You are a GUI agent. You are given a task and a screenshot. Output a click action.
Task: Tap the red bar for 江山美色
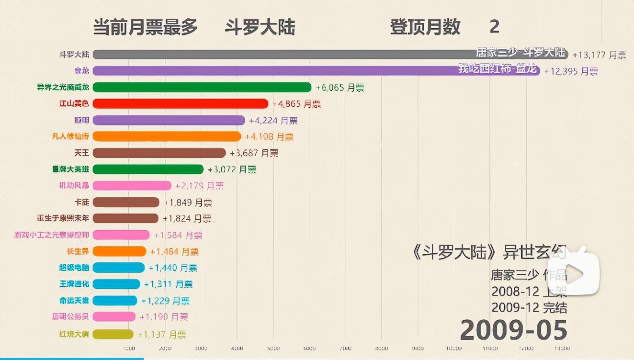click(181, 103)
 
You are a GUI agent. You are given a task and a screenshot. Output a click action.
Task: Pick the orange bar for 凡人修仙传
click(167, 136)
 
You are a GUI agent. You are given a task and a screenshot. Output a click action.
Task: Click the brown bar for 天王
click(159, 153)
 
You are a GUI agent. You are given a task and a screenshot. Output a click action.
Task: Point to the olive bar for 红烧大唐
click(113, 334)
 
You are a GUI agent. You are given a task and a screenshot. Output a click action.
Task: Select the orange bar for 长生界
click(119, 251)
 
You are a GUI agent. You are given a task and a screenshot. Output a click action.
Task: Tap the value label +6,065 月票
click(340, 88)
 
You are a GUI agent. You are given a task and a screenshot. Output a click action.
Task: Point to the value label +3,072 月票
click(232, 169)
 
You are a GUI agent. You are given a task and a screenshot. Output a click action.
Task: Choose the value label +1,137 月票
click(162, 335)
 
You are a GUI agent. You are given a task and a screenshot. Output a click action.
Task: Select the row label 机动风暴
click(74, 186)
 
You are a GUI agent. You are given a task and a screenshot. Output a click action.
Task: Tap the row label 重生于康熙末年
click(63, 218)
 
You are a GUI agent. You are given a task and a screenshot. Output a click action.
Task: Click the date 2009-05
click(513, 330)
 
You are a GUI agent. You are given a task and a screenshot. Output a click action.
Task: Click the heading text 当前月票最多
click(145, 27)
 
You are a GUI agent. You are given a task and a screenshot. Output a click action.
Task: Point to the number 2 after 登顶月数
click(494, 27)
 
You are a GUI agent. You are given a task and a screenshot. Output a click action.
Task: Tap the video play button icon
click(574, 273)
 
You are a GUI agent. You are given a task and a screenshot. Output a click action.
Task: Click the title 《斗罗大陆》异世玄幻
click(488, 252)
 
